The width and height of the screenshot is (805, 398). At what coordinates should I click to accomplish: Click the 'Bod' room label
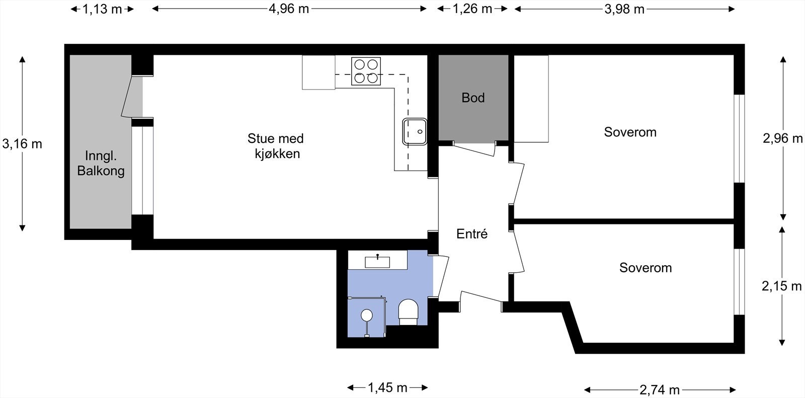(473, 98)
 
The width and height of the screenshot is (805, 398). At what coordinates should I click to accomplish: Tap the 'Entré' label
(472, 234)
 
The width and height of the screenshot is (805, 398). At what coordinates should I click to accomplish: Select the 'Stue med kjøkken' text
(276, 146)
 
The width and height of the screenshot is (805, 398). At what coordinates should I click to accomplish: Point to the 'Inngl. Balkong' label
(101, 163)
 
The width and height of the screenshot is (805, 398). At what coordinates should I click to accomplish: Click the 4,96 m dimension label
(289, 9)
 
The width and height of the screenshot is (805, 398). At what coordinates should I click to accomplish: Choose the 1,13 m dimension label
(102, 9)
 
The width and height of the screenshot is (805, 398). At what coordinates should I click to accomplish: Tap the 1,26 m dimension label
(472, 9)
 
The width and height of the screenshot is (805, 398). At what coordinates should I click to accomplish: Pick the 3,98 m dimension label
(624, 9)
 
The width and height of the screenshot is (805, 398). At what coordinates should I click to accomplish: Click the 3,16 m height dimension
(22, 144)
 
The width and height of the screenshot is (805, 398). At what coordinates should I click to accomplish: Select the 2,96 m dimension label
(783, 138)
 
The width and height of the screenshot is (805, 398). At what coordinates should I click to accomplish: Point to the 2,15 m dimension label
(782, 286)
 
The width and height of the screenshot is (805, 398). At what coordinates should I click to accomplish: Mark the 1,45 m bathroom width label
(387, 387)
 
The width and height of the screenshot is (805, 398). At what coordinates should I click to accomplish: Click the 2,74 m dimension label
(660, 390)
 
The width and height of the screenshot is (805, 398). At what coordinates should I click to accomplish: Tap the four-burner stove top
(366, 71)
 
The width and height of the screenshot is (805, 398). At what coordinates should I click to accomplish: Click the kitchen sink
(415, 132)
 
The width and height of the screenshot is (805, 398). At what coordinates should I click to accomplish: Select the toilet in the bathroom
(408, 312)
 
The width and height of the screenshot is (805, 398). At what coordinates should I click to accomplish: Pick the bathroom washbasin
(377, 262)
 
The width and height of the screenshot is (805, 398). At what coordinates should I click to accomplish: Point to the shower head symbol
(367, 315)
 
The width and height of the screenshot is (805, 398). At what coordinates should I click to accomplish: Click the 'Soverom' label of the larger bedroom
(630, 132)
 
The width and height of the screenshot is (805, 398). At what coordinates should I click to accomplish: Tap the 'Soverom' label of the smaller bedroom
(646, 268)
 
